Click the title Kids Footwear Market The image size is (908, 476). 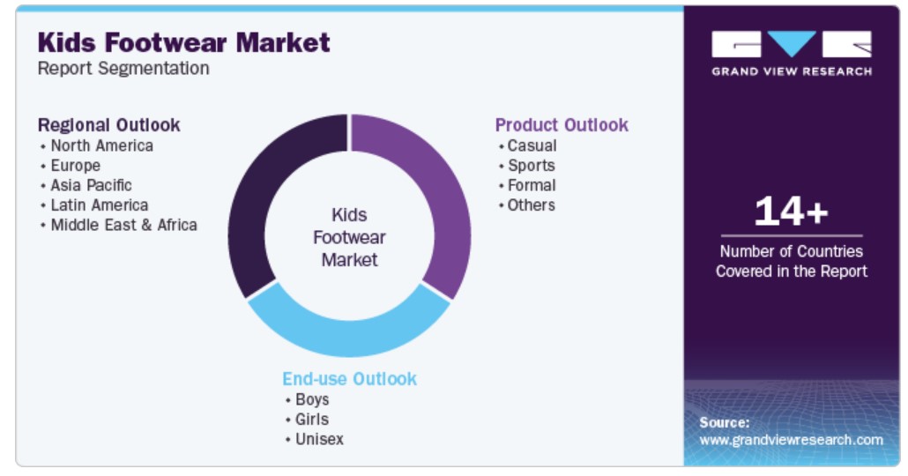click(183, 43)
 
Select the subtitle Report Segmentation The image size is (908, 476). click(123, 69)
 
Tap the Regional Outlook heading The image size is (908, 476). click(108, 125)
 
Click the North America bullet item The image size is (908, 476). click(102, 145)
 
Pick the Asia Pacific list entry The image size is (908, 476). click(92, 185)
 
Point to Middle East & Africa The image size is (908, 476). click(124, 225)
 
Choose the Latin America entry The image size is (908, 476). click(100, 205)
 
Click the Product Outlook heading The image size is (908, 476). click(562, 125)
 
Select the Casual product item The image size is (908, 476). click(532, 145)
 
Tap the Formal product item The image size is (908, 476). click(532, 185)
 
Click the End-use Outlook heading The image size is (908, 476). click(349, 379)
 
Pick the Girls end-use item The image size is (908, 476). click(312, 420)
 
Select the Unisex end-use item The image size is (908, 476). click(320, 439)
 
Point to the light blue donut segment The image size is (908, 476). click(349, 338)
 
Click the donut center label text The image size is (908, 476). click(349, 237)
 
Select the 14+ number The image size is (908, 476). click(791, 211)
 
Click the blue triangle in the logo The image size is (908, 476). click(792, 43)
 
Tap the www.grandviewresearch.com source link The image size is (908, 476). click(791, 440)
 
